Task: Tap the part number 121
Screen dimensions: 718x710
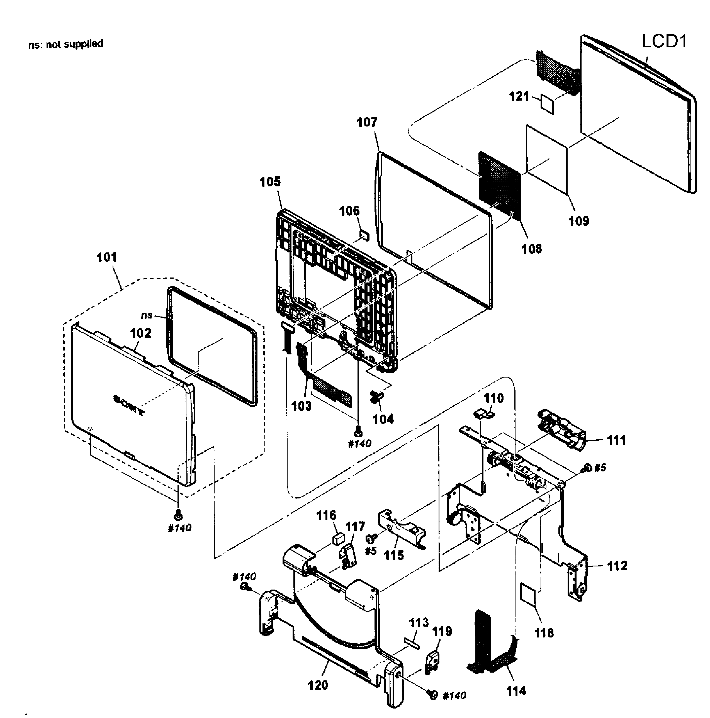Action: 519,97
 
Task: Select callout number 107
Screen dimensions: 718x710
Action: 367,122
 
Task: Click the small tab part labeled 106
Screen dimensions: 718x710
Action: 365,235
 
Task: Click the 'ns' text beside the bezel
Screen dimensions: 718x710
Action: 147,315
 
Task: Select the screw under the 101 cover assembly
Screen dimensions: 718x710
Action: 178,515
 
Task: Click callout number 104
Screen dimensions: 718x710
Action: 383,419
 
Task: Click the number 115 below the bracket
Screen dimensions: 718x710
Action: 394,556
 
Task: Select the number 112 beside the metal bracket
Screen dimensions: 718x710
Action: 617,566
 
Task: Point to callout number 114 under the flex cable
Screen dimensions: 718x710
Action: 516,691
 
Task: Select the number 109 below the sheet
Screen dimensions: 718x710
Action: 578,221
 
